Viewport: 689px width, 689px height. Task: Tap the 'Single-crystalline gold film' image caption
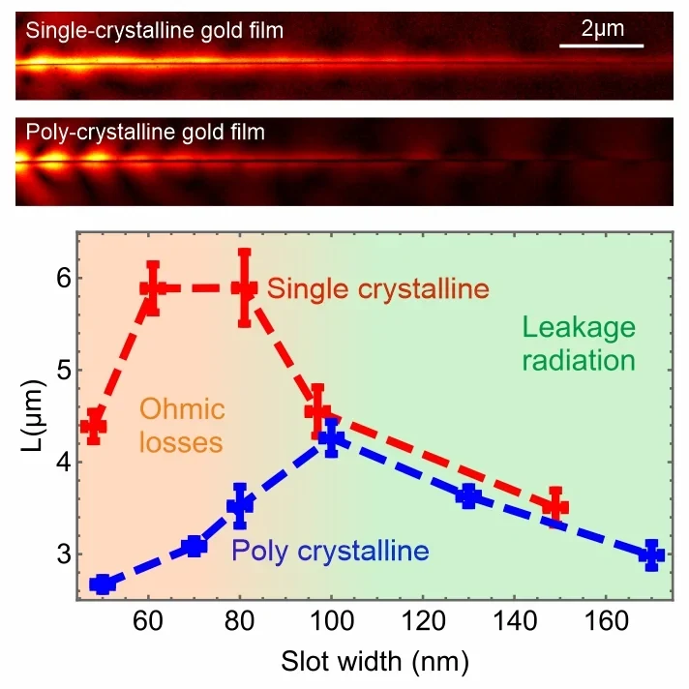pos(155,31)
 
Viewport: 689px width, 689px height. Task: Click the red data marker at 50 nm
pos(93,426)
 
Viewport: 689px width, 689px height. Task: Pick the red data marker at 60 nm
pos(153,287)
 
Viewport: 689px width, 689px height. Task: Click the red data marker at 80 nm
pos(245,287)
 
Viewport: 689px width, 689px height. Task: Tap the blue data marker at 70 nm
pos(195,546)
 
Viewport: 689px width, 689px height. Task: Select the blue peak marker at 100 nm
pos(331,438)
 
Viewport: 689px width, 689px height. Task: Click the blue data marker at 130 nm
pos(468,497)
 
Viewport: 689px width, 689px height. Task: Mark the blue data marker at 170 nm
pos(651,555)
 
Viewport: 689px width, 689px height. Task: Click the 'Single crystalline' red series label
pos(377,289)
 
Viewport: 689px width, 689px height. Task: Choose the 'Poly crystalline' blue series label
pos(329,552)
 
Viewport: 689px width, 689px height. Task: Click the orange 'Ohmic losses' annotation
pos(182,425)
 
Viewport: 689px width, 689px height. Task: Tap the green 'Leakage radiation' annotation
pos(579,344)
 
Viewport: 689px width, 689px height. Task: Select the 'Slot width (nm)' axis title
pos(374,663)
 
